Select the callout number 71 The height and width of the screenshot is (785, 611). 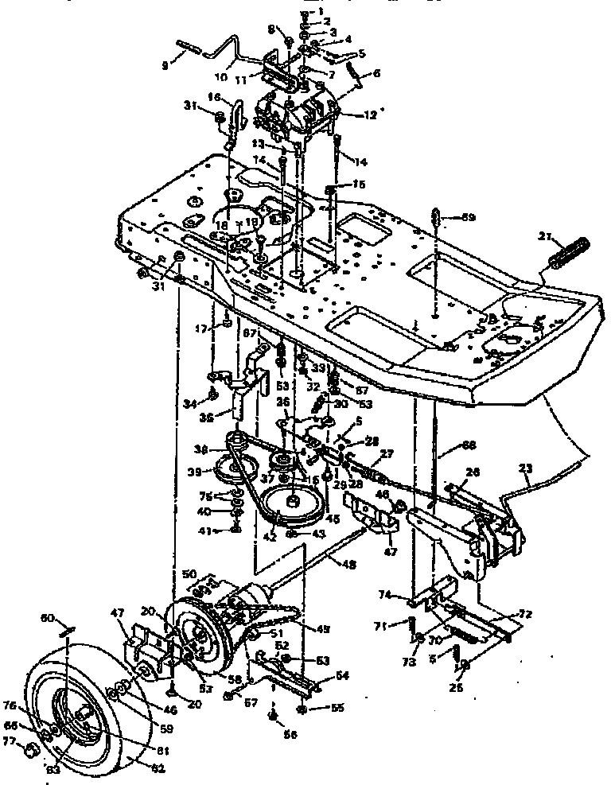[379, 627]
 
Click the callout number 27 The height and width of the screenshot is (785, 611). [387, 454]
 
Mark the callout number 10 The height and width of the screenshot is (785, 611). [220, 77]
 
